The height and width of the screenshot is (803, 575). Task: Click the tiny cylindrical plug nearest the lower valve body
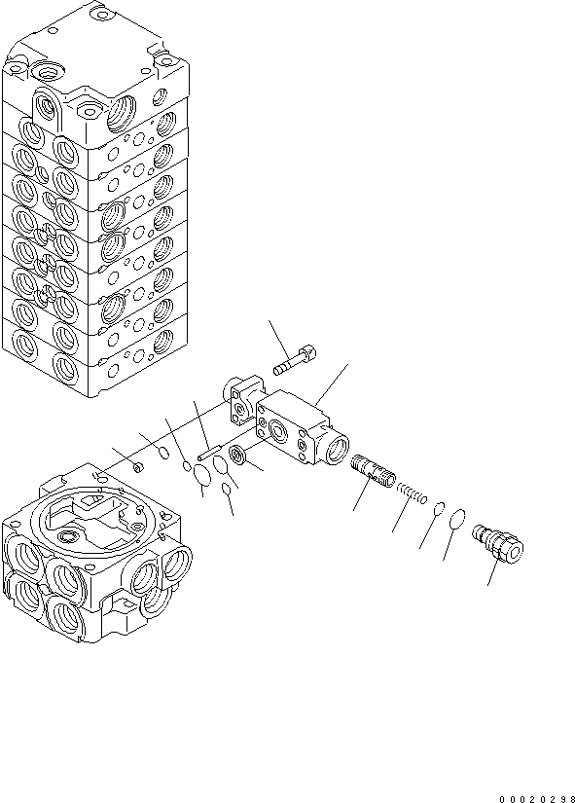pos(138,468)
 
